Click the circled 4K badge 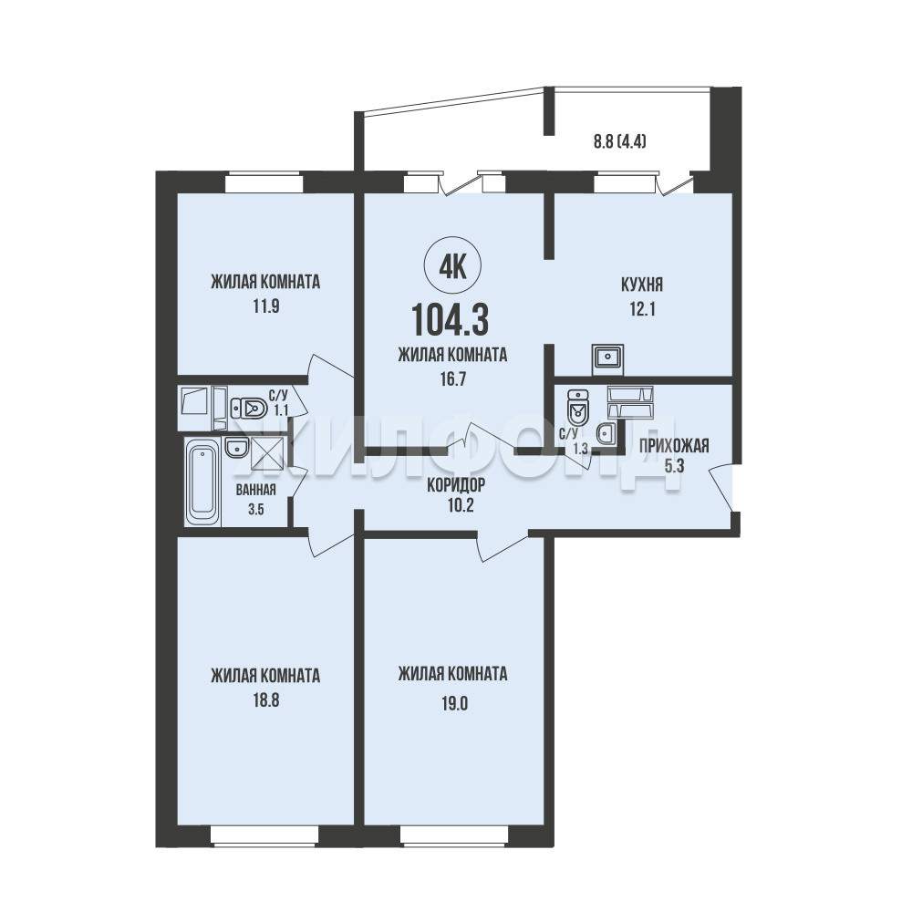[x=453, y=268]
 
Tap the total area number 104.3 [x=450, y=320]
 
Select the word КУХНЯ [x=642, y=285]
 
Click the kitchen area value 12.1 [x=642, y=309]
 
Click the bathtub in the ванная [x=202, y=482]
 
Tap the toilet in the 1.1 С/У [x=249, y=409]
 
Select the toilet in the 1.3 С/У [x=578, y=408]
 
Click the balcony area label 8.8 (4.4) [x=620, y=141]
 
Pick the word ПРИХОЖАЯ [x=674, y=446]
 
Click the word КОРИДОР [x=456, y=484]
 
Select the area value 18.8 [x=265, y=700]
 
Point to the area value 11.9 [x=265, y=306]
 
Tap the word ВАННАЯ [x=256, y=490]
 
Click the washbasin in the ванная [x=237, y=447]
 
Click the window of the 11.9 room [x=264, y=182]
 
